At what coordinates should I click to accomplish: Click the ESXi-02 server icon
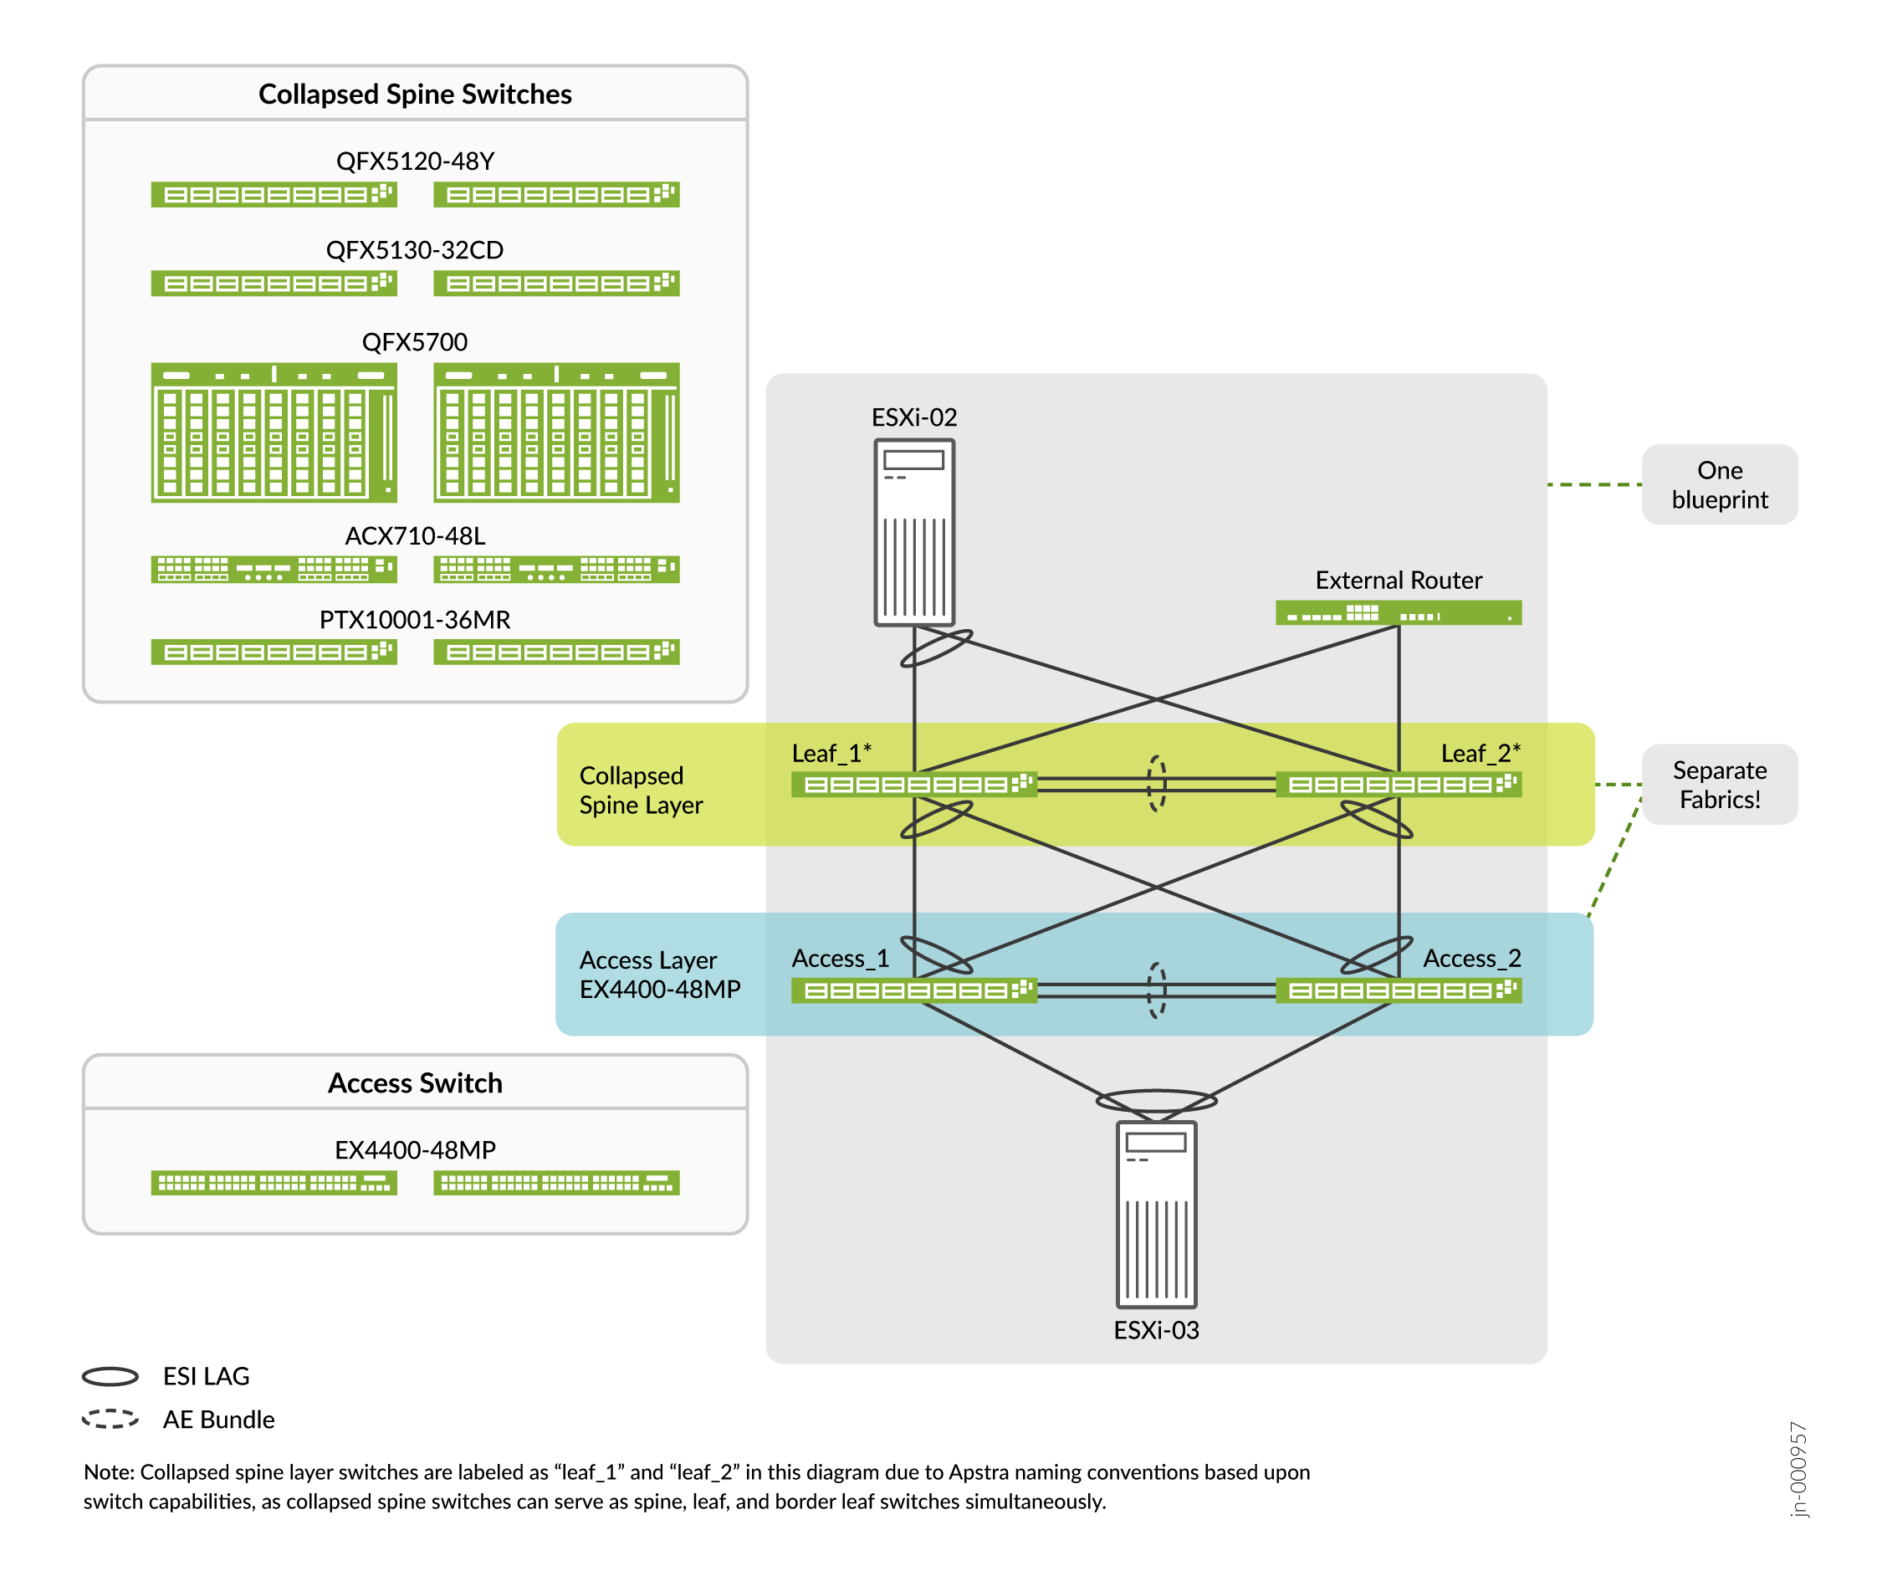tap(913, 531)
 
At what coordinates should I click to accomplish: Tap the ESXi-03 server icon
tap(1156, 1215)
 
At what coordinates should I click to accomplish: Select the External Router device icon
tap(1398, 613)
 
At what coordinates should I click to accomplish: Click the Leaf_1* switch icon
tap(914, 784)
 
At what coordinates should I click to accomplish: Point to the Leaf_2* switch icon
tap(1398, 784)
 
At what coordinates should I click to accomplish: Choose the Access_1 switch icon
tap(914, 990)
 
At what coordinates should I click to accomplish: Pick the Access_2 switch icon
tap(1398, 990)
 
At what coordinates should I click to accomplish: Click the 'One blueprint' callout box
tap(1719, 485)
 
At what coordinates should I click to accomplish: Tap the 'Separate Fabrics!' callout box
tap(1719, 784)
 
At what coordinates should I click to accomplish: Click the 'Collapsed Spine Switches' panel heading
tap(415, 94)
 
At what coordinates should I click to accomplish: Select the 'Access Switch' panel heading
tap(415, 1082)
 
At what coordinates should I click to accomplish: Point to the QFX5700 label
tap(415, 341)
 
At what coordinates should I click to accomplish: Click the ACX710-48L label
tap(415, 536)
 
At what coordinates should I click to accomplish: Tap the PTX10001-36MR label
tap(415, 619)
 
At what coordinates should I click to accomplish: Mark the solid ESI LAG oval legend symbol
tap(110, 1375)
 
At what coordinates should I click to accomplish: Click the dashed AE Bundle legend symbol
tap(110, 1419)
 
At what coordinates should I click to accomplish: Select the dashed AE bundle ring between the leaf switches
tap(1157, 783)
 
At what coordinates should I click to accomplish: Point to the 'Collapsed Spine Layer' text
tap(641, 790)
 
